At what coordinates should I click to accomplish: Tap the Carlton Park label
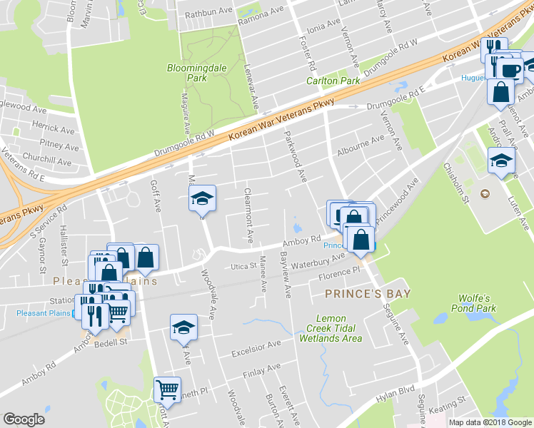click(333, 81)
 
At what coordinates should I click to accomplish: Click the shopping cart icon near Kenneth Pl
click(167, 389)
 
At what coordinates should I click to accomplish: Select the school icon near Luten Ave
click(501, 160)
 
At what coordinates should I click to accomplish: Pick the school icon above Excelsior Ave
click(183, 327)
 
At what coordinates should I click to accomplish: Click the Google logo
click(25, 419)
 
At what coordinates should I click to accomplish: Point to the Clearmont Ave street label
click(248, 213)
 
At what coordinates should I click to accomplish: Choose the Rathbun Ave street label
click(209, 14)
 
